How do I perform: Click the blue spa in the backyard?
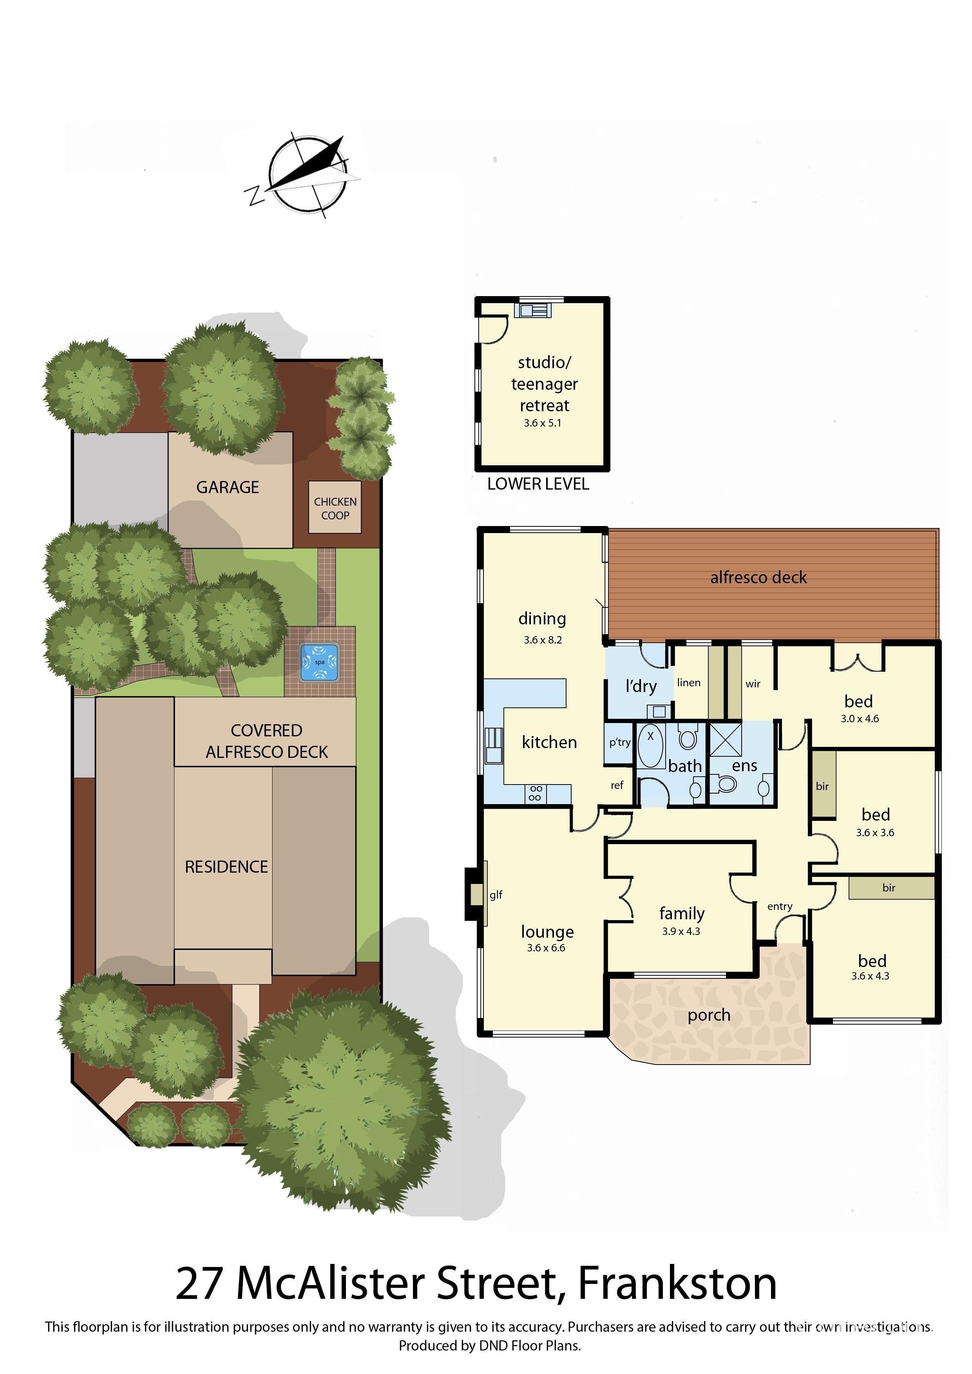320,662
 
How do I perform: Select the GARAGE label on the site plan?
228,488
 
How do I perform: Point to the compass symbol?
305,175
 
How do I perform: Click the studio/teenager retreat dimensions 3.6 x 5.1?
542,423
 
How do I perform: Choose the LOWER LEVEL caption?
538,484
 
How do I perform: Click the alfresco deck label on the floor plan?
758,577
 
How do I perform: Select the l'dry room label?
641,686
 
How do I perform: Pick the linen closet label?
689,682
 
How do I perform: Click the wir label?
753,684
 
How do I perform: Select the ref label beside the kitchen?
617,785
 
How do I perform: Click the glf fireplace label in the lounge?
496,895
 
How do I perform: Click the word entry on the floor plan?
780,907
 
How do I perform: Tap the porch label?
709,1016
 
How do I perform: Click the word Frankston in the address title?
677,1284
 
